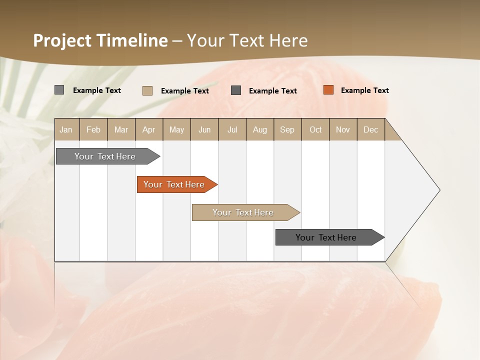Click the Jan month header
click(66, 129)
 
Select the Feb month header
click(93, 129)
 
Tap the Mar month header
click(121, 129)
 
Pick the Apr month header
click(149, 129)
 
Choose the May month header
click(176, 129)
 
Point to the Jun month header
click(204, 129)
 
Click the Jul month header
click(232, 129)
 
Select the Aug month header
click(260, 129)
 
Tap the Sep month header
click(287, 129)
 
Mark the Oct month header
click(315, 129)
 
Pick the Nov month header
click(343, 129)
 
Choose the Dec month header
click(371, 129)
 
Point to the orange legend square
click(328, 90)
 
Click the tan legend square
click(147, 90)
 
